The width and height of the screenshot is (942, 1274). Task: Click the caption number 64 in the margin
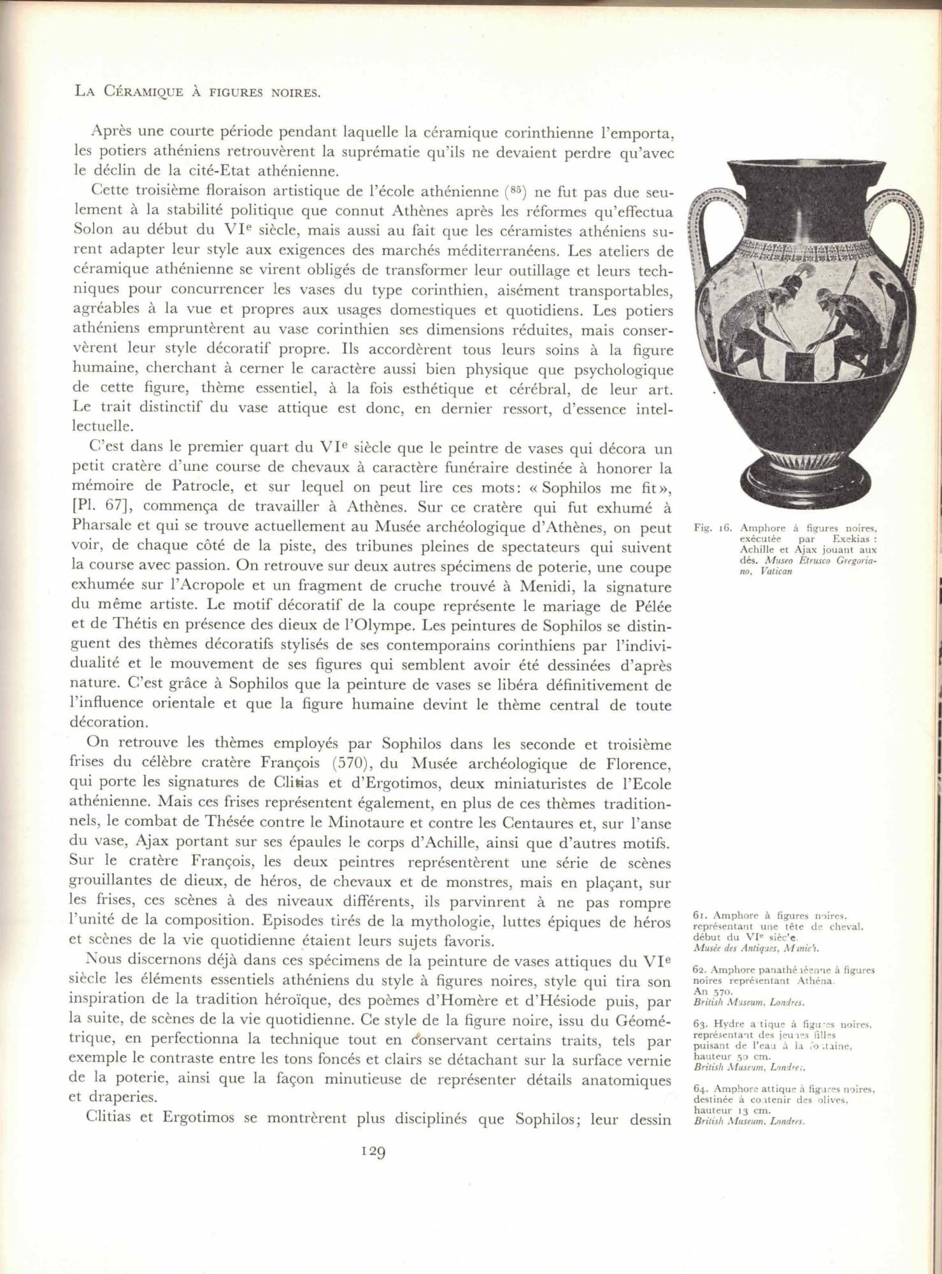pyautogui.click(x=697, y=1089)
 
